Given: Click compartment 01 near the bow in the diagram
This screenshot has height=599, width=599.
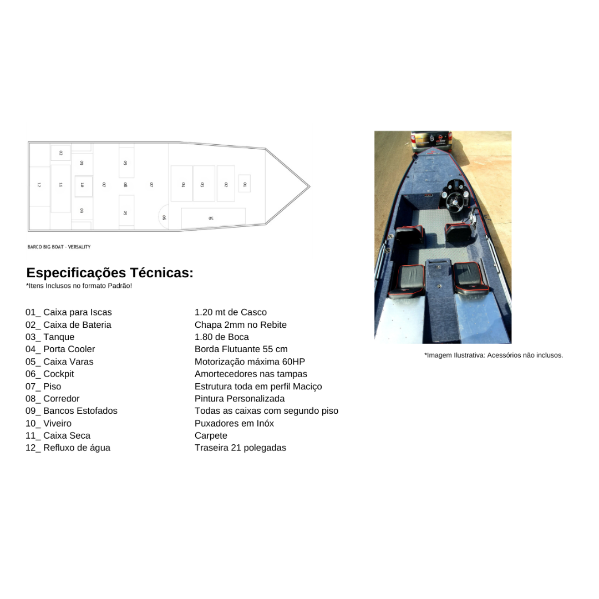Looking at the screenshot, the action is (x=245, y=184).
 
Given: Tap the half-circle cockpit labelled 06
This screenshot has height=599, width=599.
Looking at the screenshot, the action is (x=164, y=217).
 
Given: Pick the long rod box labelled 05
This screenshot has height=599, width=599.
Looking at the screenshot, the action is (x=213, y=218).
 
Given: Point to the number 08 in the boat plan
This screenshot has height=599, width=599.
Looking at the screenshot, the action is (x=125, y=185).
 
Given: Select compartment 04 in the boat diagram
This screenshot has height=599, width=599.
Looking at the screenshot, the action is (x=181, y=184).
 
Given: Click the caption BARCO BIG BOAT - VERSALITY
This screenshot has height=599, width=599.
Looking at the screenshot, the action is (x=59, y=247).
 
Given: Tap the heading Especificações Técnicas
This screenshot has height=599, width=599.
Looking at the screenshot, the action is (x=110, y=273).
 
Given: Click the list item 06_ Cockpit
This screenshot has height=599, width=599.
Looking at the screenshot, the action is (x=50, y=374).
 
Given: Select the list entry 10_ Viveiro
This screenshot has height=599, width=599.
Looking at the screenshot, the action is (x=48, y=423).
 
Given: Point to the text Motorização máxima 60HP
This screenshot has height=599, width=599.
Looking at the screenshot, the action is (x=250, y=362).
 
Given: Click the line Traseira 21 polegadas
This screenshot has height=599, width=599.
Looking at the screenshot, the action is (x=240, y=448).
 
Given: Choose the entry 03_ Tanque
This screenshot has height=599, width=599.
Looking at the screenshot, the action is (x=50, y=337).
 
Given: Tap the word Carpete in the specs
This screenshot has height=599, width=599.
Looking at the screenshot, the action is (x=211, y=435).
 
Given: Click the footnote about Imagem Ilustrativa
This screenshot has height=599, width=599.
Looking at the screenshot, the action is (x=494, y=356).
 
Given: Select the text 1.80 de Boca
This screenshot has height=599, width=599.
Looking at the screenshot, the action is (x=221, y=337).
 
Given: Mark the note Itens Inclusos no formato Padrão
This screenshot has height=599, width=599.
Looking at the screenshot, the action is (x=79, y=286).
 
